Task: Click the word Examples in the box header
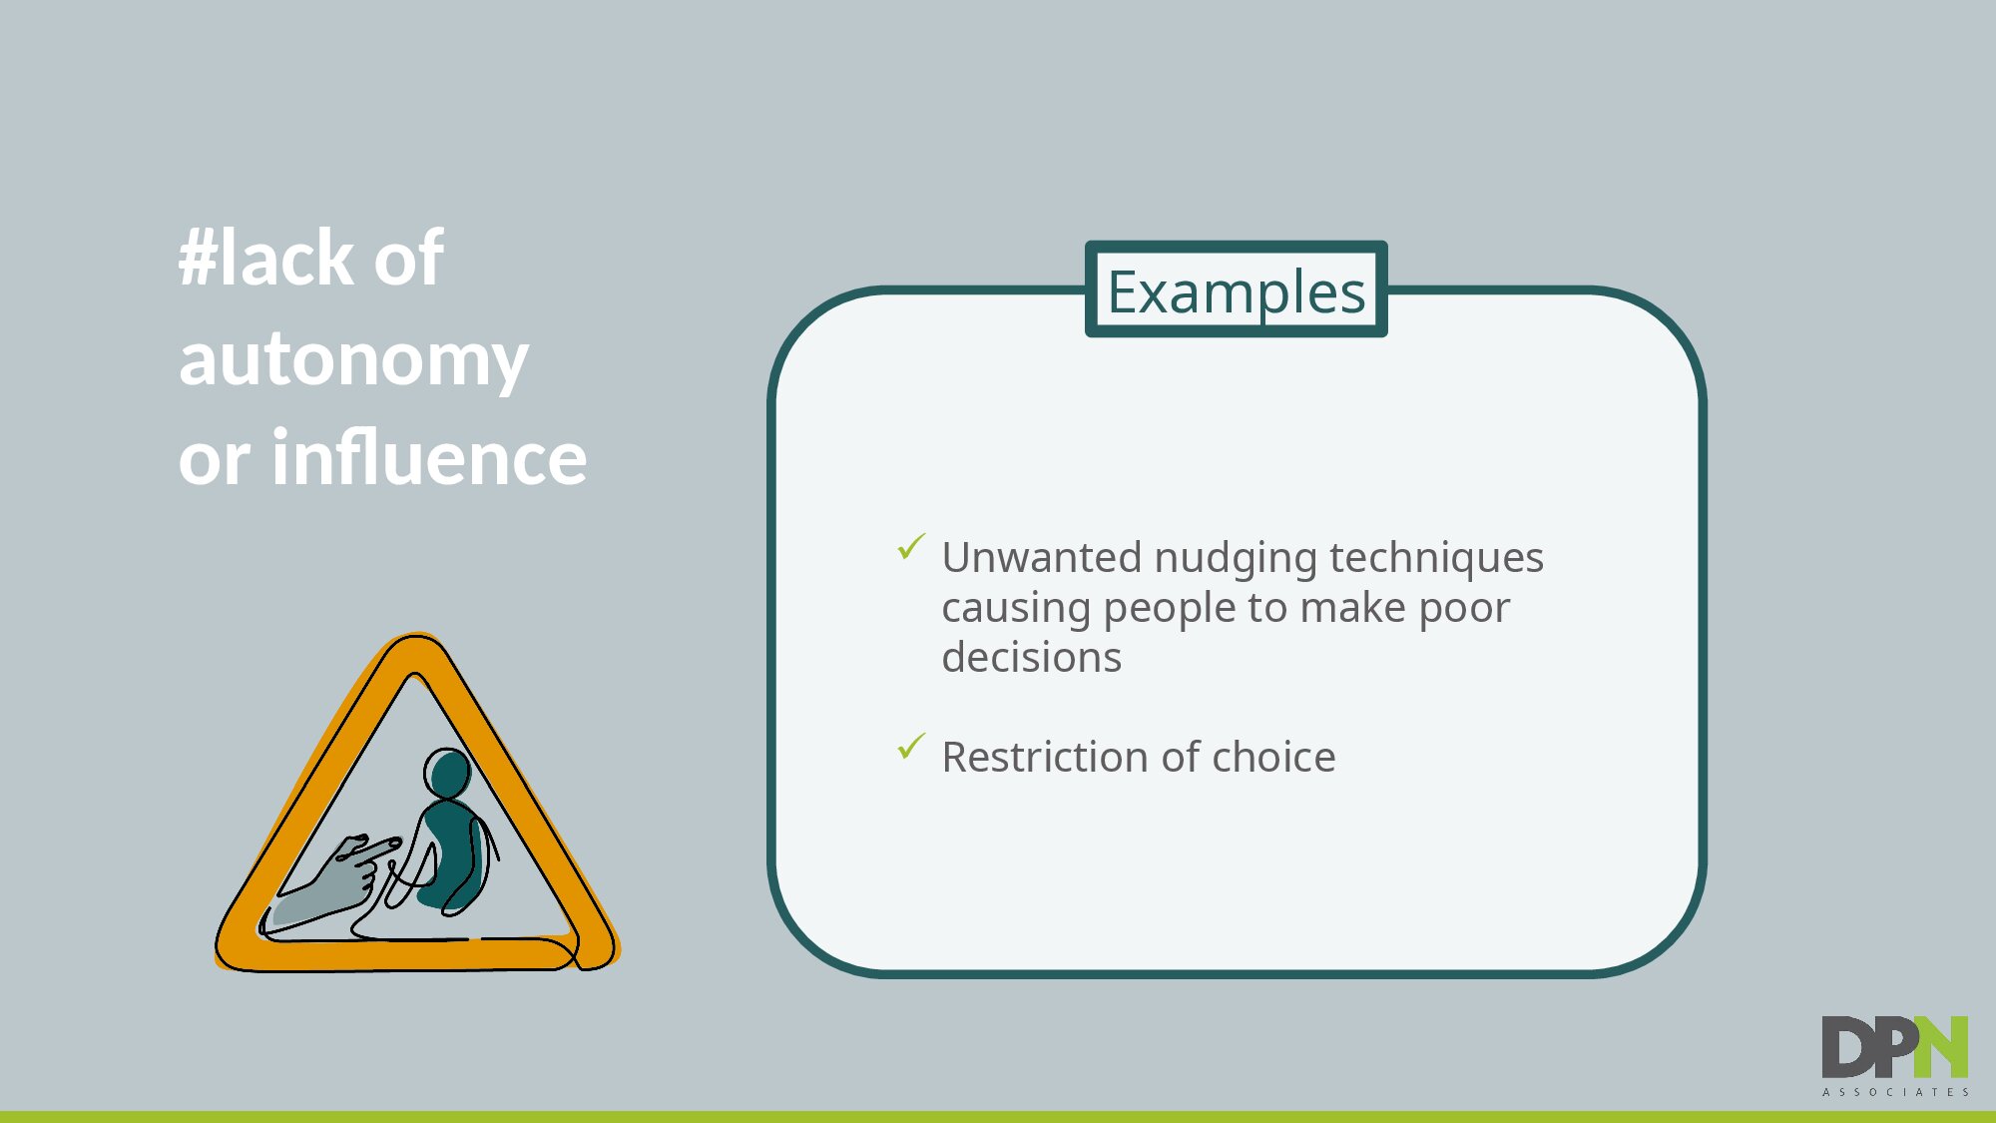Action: [1236, 291]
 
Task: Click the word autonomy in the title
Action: [353, 360]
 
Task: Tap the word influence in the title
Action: [429, 457]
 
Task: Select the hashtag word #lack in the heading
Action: [265, 257]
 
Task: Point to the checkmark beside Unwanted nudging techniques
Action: [911, 546]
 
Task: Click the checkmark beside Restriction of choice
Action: [911, 746]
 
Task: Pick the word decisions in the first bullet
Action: [1032, 658]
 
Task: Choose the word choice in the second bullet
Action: [1273, 757]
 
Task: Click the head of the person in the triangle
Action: [448, 773]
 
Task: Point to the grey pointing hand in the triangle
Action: [334, 878]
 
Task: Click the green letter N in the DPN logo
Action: [1941, 1047]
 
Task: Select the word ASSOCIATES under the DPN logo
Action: [1896, 1092]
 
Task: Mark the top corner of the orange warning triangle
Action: [415, 636]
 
